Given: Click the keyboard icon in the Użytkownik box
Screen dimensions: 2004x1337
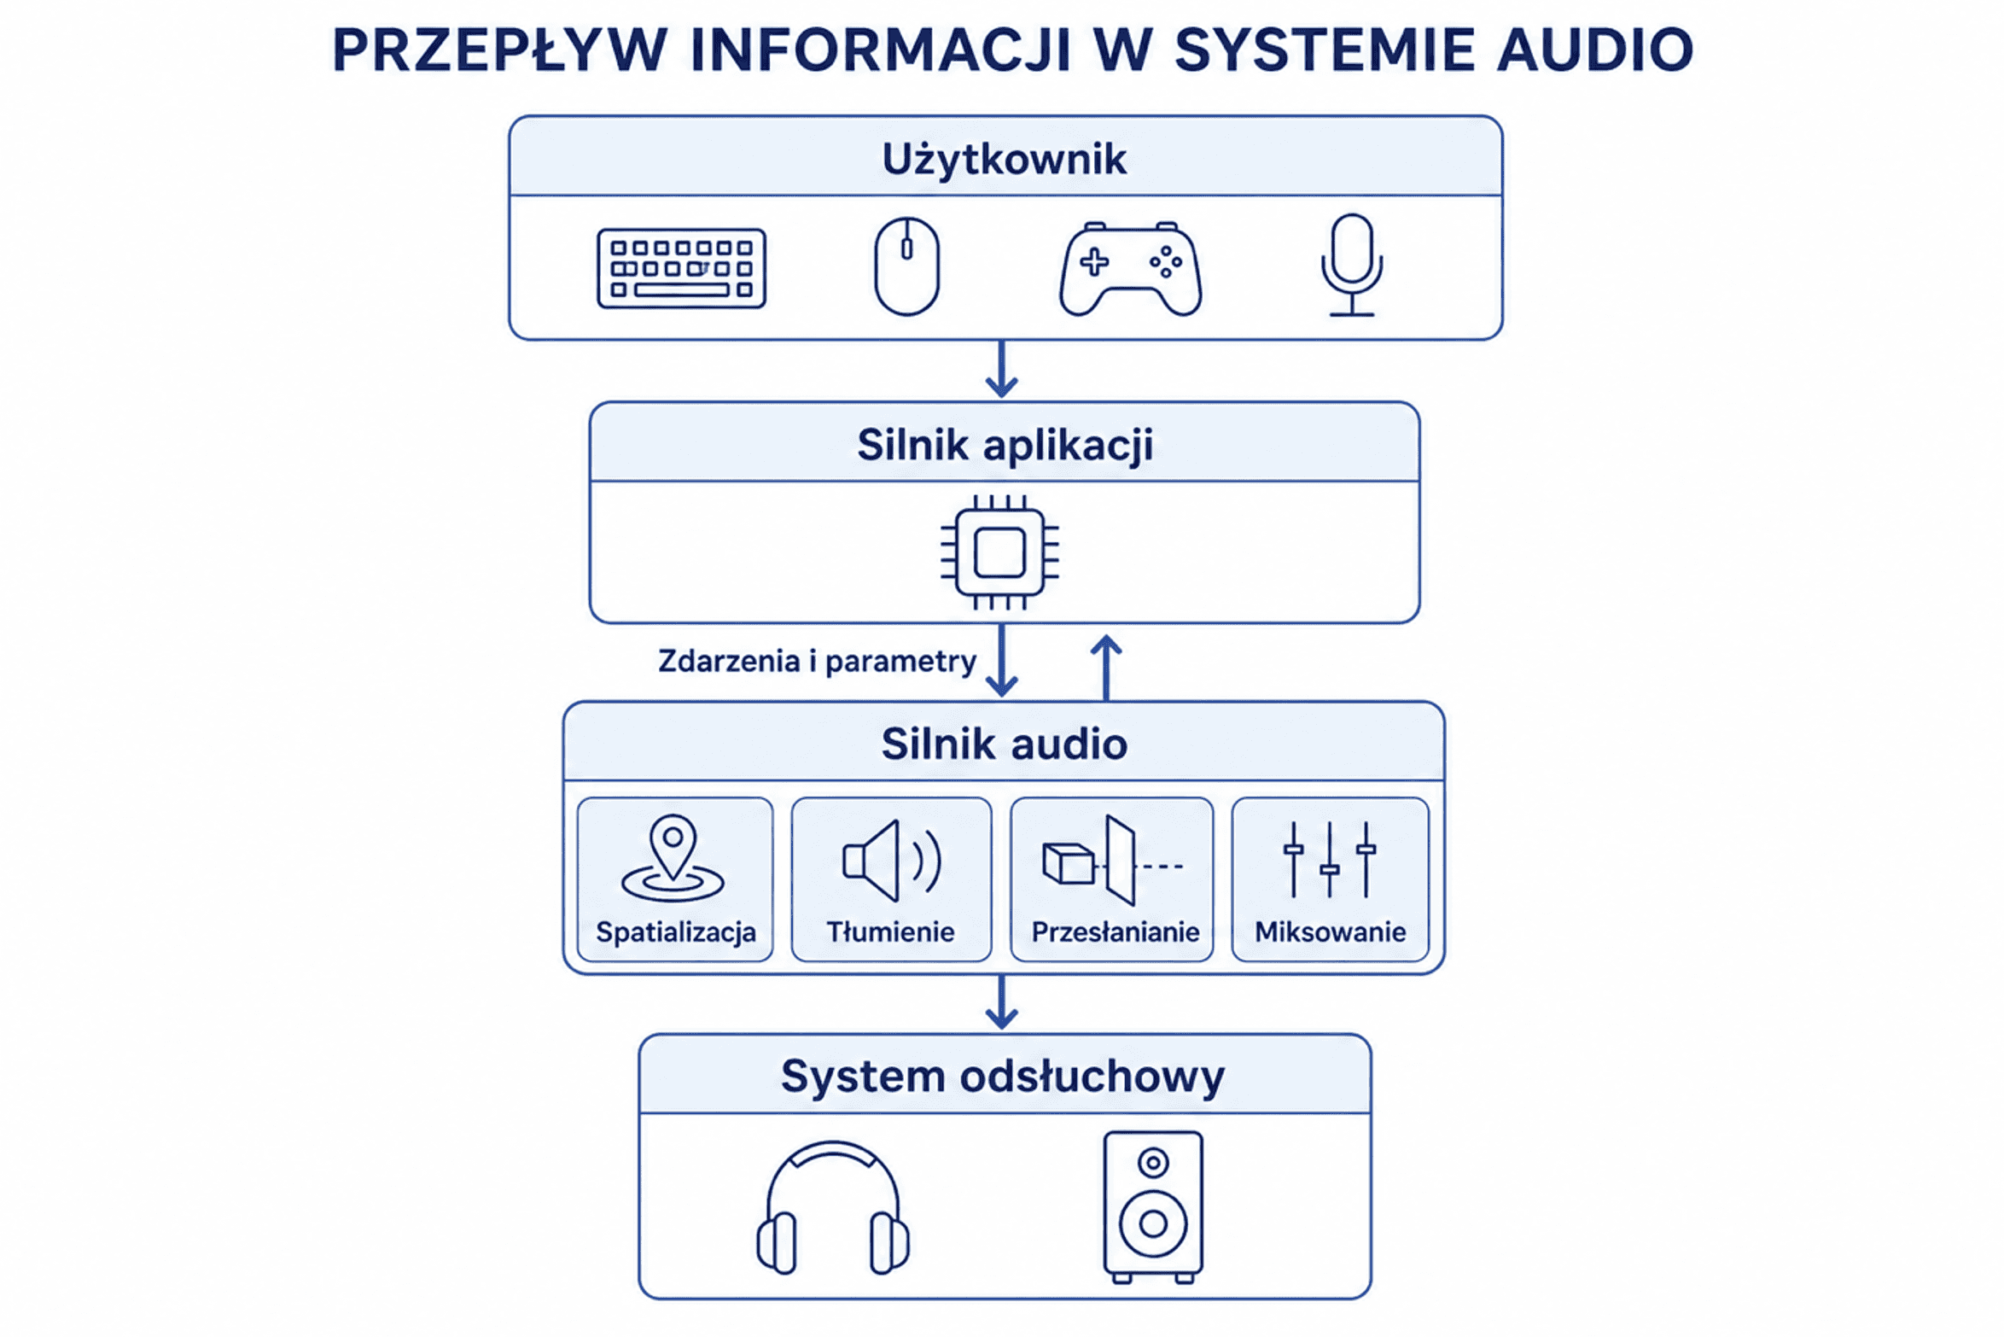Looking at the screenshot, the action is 681,268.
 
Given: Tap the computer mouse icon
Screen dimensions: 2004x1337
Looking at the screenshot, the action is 906,266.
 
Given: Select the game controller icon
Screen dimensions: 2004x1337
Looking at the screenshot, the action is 1130,269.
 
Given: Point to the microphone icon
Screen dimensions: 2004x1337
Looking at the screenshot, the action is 1352,265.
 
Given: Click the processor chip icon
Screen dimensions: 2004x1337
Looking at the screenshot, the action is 999,552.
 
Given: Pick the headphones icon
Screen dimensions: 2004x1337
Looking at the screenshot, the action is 833,1208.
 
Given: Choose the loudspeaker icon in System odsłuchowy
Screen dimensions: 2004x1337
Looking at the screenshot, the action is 1153,1207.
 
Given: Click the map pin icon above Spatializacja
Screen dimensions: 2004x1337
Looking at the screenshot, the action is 673,858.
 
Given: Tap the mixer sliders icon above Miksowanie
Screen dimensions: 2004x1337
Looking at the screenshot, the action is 1330,859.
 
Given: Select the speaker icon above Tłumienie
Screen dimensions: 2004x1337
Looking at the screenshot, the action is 892,861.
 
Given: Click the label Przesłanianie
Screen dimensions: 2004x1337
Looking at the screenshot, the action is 1116,931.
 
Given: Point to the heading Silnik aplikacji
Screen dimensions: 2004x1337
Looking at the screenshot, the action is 1005,445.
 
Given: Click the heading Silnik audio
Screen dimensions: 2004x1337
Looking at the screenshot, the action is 1004,744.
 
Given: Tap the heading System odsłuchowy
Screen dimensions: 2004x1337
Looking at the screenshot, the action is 1003,1076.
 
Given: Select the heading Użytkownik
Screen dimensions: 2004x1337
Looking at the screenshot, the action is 1005,160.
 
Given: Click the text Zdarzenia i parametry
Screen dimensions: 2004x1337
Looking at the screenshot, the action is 817,662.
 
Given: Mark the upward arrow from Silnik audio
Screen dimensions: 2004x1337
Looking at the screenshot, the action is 1106,668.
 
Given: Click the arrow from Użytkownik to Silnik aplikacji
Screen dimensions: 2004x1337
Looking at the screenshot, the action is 1002,370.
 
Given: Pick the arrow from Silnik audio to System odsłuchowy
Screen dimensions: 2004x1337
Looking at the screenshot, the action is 1002,1002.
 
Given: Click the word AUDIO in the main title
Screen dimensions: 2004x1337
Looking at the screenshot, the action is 1595,50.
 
